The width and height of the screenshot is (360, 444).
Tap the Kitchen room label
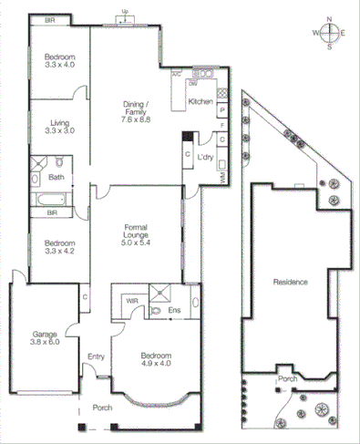point(201,101)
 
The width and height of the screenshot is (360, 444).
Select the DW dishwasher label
point(193,84)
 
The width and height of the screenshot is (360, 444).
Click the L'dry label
point(206,156)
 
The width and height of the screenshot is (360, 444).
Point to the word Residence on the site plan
point(291,282)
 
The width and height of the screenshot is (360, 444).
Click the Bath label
point(56,178)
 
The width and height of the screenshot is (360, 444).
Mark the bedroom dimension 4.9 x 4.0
point(157,364)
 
